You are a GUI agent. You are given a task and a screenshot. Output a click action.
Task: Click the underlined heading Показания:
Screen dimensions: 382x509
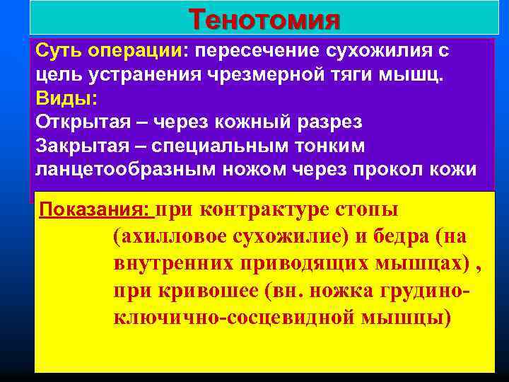pos(95,210)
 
